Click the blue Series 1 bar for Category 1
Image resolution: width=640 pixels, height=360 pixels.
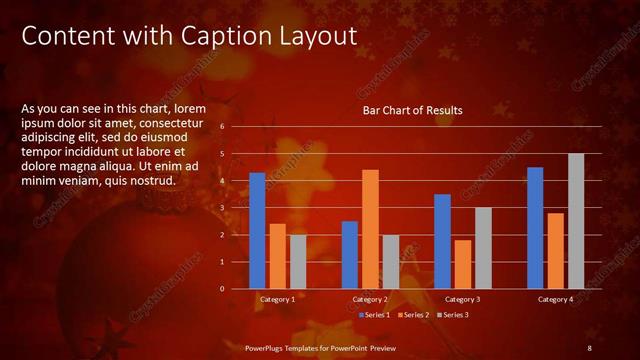(257, 230)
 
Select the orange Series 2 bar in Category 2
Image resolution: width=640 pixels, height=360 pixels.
(370, 229)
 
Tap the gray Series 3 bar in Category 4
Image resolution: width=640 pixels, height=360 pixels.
(575, 221)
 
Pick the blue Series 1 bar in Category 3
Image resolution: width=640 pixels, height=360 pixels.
(442, 241)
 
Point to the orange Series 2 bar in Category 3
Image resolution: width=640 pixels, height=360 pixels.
(462, 264)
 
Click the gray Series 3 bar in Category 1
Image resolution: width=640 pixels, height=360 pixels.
(297, 261)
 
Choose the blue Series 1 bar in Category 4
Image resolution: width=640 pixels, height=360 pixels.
(535, 227)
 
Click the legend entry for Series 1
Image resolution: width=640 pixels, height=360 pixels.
(375, 315)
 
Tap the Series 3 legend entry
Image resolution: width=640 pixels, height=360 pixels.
(452, 315)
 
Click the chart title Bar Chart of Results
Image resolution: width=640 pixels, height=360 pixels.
(412, 110)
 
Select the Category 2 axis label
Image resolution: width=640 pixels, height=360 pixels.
(370, 299)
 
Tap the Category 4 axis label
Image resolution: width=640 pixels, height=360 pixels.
(555, 299)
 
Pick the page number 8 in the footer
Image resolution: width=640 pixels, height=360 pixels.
(590, 347)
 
